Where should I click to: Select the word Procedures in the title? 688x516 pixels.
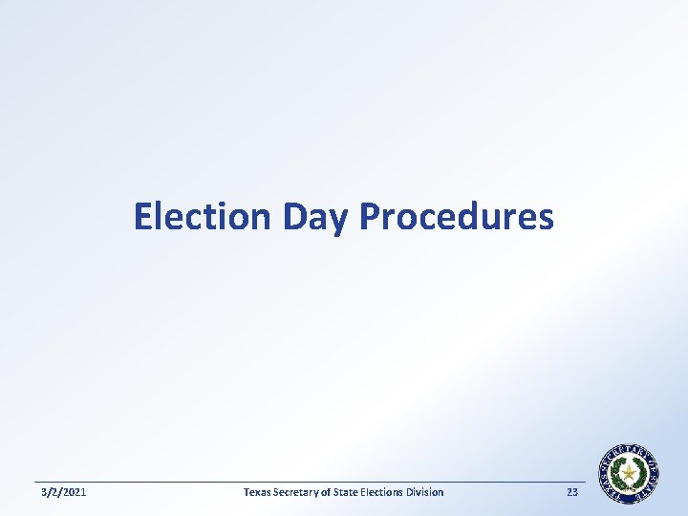click(456, 217)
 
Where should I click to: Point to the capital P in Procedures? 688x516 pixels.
click(368, 217)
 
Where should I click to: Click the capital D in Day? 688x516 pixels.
click(293, 217)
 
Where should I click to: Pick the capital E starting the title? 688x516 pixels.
click(143, 217)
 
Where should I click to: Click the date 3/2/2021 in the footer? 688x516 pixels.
click(62, 492)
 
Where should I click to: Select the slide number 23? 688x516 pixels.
click(572, 492)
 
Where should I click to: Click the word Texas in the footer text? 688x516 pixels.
click(257, 492)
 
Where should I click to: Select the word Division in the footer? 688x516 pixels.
click(428, 492)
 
